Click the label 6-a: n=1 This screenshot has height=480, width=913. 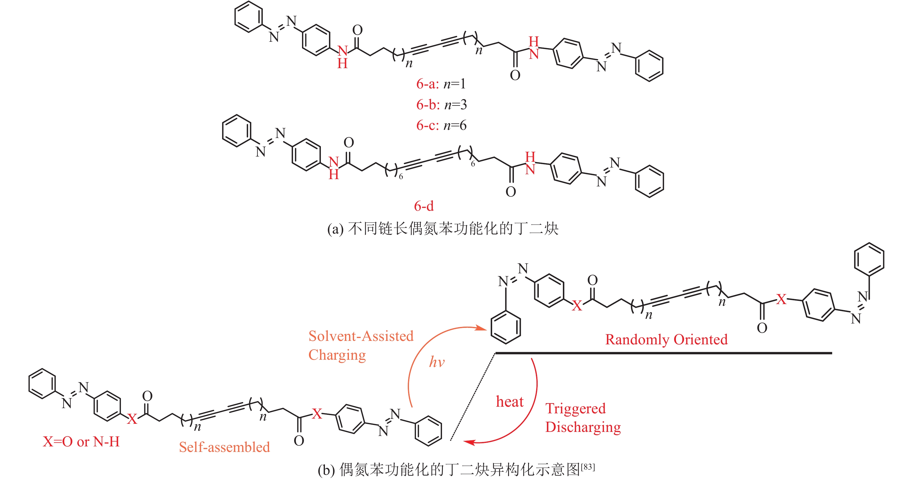point(441,84)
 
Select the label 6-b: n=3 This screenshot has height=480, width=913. point(441,105)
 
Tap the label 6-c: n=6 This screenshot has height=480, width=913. point(441,125)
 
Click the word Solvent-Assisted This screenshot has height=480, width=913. point(361,336)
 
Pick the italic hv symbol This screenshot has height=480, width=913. point(437,362)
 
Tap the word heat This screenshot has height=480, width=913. point(509,402)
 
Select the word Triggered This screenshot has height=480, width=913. point(575,409)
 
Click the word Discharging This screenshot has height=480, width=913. point(583,428)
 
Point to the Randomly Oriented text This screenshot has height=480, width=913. point(666,340)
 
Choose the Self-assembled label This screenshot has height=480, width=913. point(224,447)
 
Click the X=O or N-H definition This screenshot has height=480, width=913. point(81,442)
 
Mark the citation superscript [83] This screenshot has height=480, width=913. point(588,467)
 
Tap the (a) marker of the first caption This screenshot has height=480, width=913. point(335,229)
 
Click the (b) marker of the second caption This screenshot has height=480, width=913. point(326,470)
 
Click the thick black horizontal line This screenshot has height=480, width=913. point(663,353)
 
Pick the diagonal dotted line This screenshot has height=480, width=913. point(472,397)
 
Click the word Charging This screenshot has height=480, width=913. point(337,355)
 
